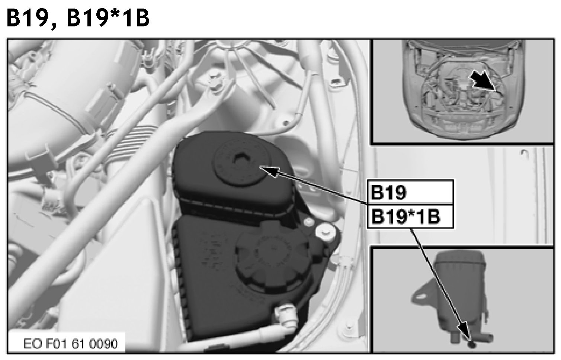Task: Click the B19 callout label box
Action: click(410, 192)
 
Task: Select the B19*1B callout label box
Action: click(410, 216)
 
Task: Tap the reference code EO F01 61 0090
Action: click(71, 344)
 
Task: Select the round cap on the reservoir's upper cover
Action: click(240, 165)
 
